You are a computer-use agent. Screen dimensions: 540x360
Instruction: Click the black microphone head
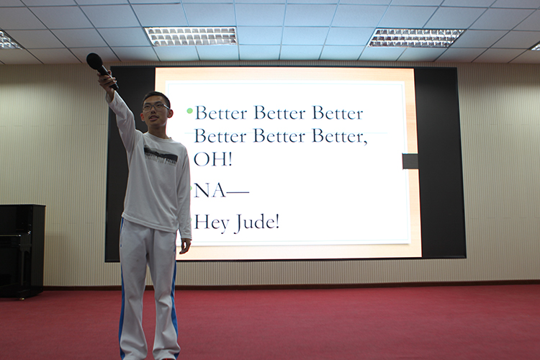click(x=94, y=61)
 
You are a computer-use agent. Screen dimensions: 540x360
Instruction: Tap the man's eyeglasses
click(x=156, y=107)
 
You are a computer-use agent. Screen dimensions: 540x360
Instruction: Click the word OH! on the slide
click(x=212, y=159)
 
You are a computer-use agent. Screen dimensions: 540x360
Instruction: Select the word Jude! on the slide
click(x=258, y=223)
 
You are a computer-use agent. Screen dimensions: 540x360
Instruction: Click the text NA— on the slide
click(x=221, y=191)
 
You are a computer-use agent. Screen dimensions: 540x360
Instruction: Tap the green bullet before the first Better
click(x=190, y=111)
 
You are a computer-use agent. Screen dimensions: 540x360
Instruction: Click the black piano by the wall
click(x=22, y=251)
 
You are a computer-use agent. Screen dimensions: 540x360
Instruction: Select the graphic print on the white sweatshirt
click(x=161, y=156)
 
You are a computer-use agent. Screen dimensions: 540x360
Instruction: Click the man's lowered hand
click(x=185, y=246)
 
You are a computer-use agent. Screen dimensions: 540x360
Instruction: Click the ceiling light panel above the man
click(x=191, y=36)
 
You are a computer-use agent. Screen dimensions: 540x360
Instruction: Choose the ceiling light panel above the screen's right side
click(x=415, y=37)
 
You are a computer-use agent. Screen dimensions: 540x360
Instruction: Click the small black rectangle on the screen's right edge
click(x=410, y=161)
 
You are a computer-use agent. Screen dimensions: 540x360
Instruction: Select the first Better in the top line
click(x=222, y=113)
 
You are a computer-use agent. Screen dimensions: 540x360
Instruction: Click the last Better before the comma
click(x=340, y=136)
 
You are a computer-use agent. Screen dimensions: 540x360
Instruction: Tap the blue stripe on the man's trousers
click(x=175, y=303)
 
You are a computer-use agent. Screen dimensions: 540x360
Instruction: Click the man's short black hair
click(x=157, y=97)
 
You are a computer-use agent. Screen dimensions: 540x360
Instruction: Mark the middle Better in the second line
click(x=279, y=136)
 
